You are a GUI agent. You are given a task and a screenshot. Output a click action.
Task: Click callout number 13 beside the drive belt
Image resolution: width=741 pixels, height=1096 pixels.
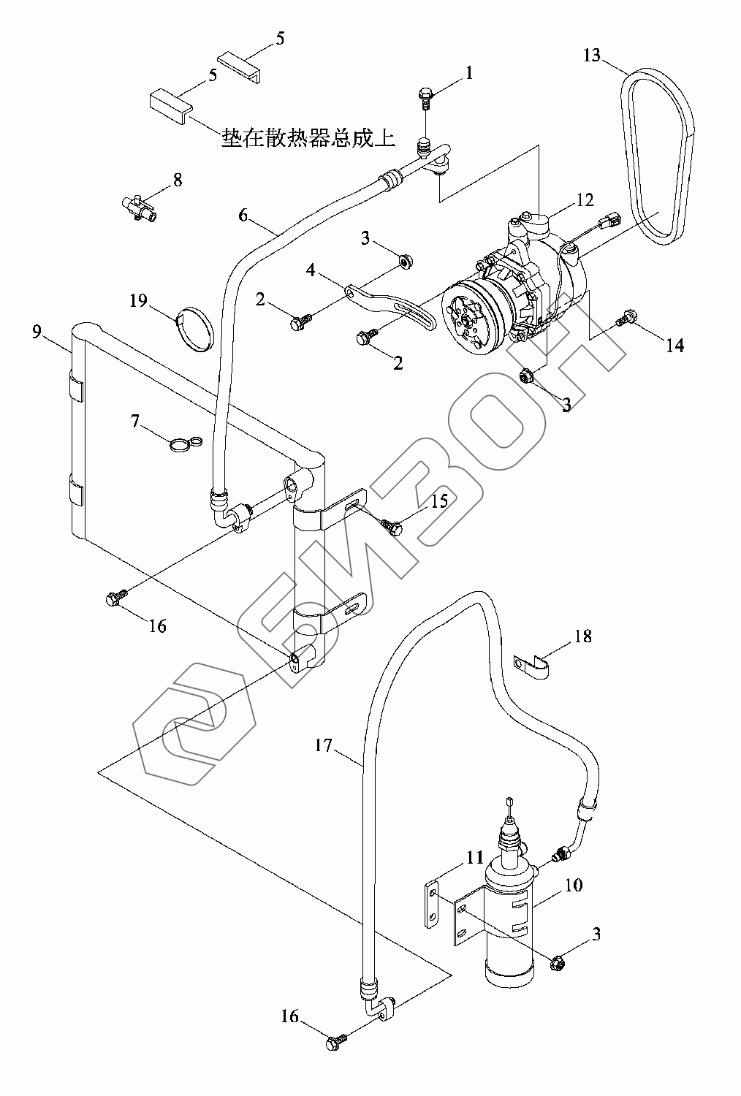point(592,56)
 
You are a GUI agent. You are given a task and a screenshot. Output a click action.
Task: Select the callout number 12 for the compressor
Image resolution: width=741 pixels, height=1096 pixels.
point(585,199)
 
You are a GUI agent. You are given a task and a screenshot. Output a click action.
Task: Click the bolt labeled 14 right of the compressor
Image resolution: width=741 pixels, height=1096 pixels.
point(626,318)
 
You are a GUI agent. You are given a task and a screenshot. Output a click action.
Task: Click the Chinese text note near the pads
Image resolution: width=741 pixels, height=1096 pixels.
point(308,139)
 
